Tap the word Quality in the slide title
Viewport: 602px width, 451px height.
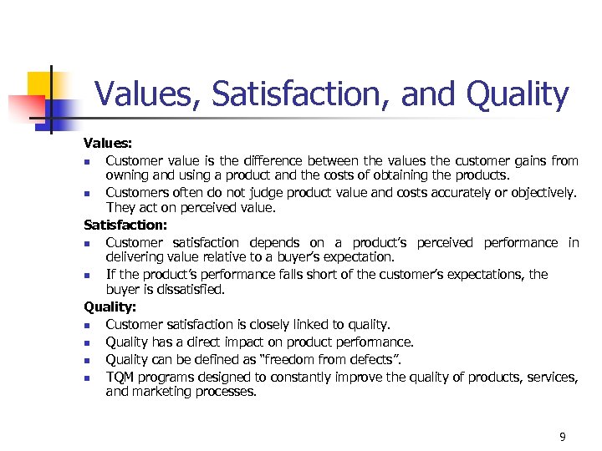tap(518, 94)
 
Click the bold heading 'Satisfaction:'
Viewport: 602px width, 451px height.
tap(125, 225)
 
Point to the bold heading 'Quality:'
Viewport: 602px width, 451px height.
tap(109, 307)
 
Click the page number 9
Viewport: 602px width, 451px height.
tap(563, 437)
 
